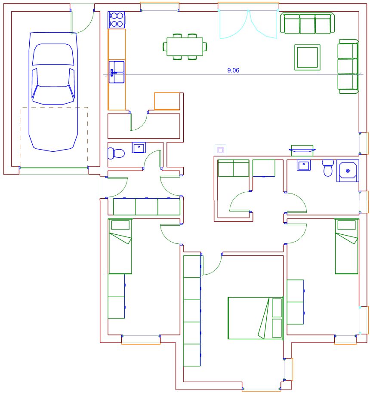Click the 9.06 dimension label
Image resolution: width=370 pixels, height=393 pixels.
(233, 71)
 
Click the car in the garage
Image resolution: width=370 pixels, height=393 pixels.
(53, 92)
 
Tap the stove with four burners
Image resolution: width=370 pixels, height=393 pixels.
(117, 20)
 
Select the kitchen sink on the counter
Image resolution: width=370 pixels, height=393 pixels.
(117, 72)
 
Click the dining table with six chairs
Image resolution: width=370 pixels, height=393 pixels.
(185, 46)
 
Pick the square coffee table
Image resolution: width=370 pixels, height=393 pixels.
(307, 57)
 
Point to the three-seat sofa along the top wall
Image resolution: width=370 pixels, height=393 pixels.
(307, 23)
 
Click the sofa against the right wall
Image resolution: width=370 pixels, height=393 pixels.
(348, 66)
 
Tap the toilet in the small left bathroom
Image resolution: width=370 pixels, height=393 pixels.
(116, 153)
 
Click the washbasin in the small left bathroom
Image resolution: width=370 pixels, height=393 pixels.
(139, 147)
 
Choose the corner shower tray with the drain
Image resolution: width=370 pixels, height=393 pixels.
(348, 171)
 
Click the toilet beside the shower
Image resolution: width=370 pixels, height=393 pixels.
(328, 168)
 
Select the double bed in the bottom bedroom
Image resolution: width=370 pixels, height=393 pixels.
(256, 318)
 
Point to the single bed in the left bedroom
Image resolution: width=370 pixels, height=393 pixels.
(120, 246)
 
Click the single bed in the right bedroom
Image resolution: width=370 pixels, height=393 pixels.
(347, 246)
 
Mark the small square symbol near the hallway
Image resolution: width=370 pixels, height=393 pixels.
(221, 150)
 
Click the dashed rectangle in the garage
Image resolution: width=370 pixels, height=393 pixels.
(54, 137)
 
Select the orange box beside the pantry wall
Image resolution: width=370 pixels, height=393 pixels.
(167, 101)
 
